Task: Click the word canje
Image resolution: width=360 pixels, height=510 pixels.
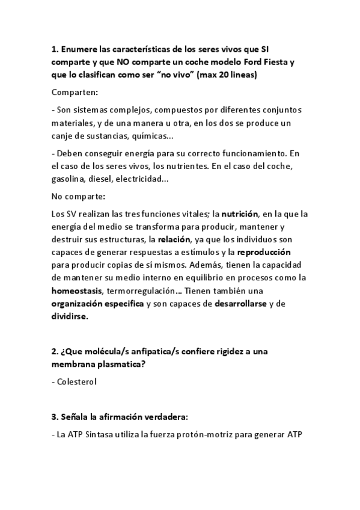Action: [x=64, y=136]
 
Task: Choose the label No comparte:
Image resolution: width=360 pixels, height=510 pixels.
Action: [x=79, y=196]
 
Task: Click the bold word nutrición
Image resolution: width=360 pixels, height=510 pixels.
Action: [x=240, y=214]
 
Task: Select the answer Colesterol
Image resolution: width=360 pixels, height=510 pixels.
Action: [x=76, y=381]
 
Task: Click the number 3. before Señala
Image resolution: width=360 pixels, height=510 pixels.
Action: [x=55, y=418]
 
